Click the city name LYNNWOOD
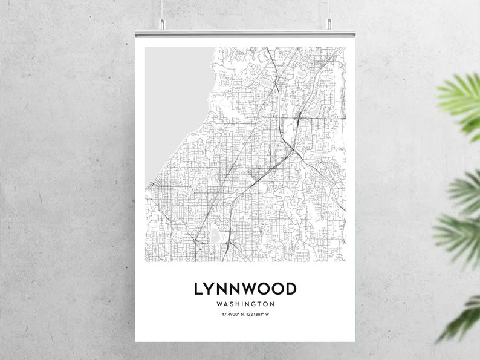pyautogui.click(x=245, y=288)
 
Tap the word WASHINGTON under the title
pyautogui.click(x=245, y=304)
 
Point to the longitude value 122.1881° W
pyautogui.click(x=259, y=315)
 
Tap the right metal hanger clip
pyautogui.click(x=329, y=24)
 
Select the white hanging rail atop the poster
pyautogui.click(x=245, y=34)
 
